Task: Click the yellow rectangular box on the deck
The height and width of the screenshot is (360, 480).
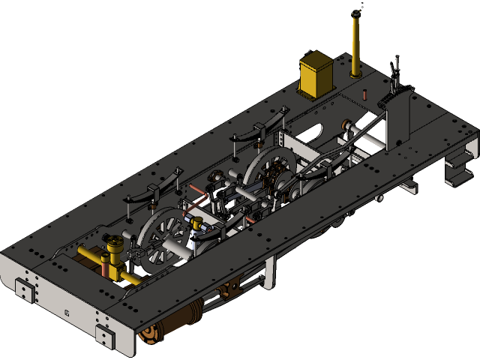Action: pyautogui.click(x=317, y=73)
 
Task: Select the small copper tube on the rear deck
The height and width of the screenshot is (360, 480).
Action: pyautogui.click(x=364, y=95)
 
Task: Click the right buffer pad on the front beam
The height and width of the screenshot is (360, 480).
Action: pyautogui.click(x=105, y=337)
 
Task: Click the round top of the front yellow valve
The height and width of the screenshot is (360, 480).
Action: pyautogui.click(x=114, y=243)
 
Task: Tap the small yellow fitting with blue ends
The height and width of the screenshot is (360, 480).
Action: pyautogui.click(x=199, y=224)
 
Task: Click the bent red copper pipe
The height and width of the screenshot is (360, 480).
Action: pyautogui.click(x=197, y=201)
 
